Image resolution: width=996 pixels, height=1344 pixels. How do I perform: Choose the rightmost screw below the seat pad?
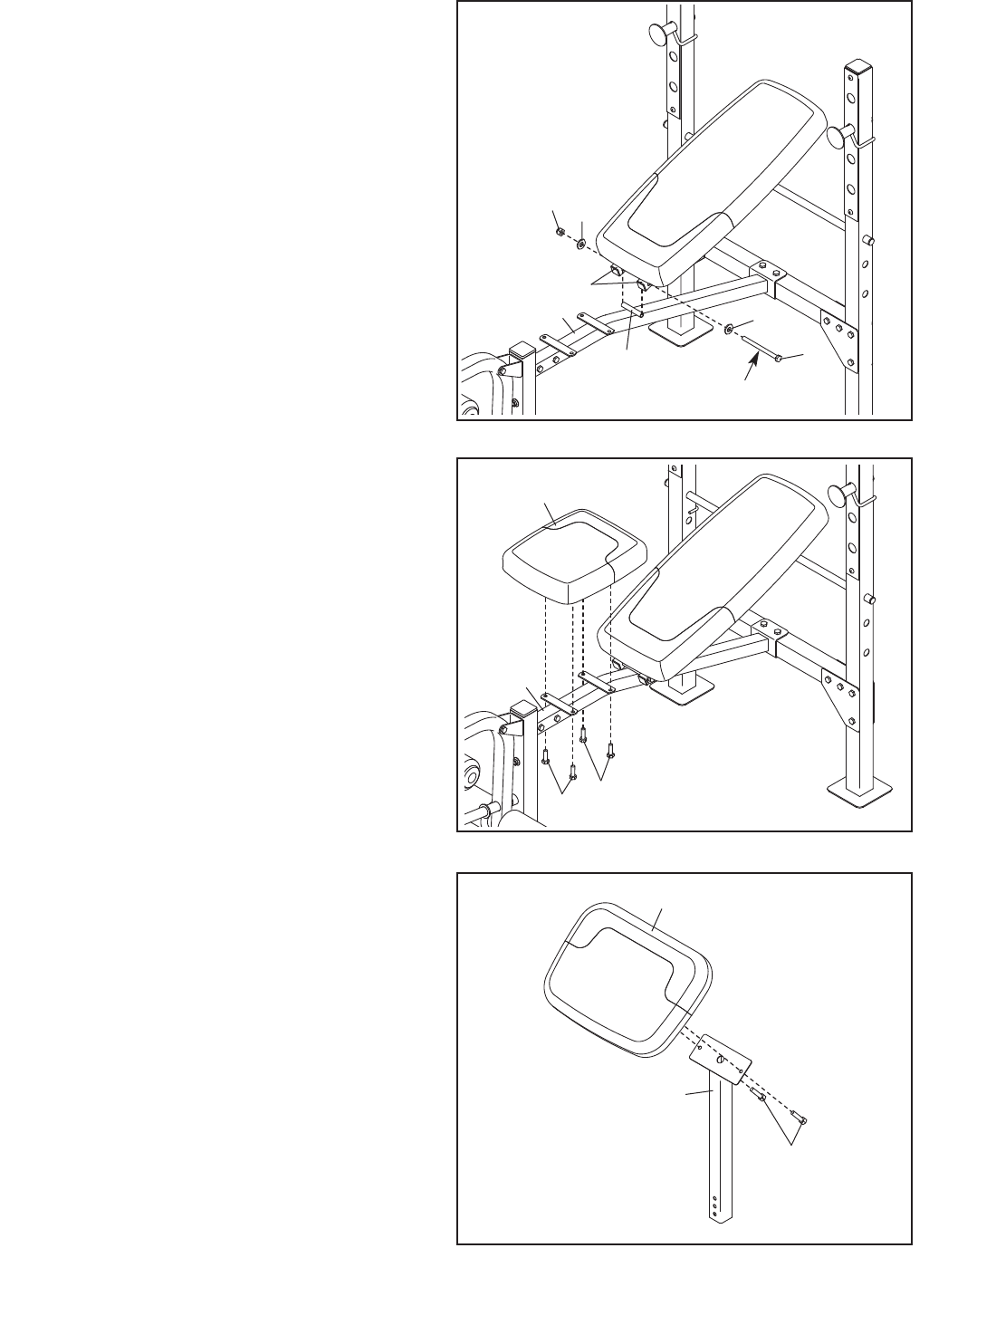coord(612,749)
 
